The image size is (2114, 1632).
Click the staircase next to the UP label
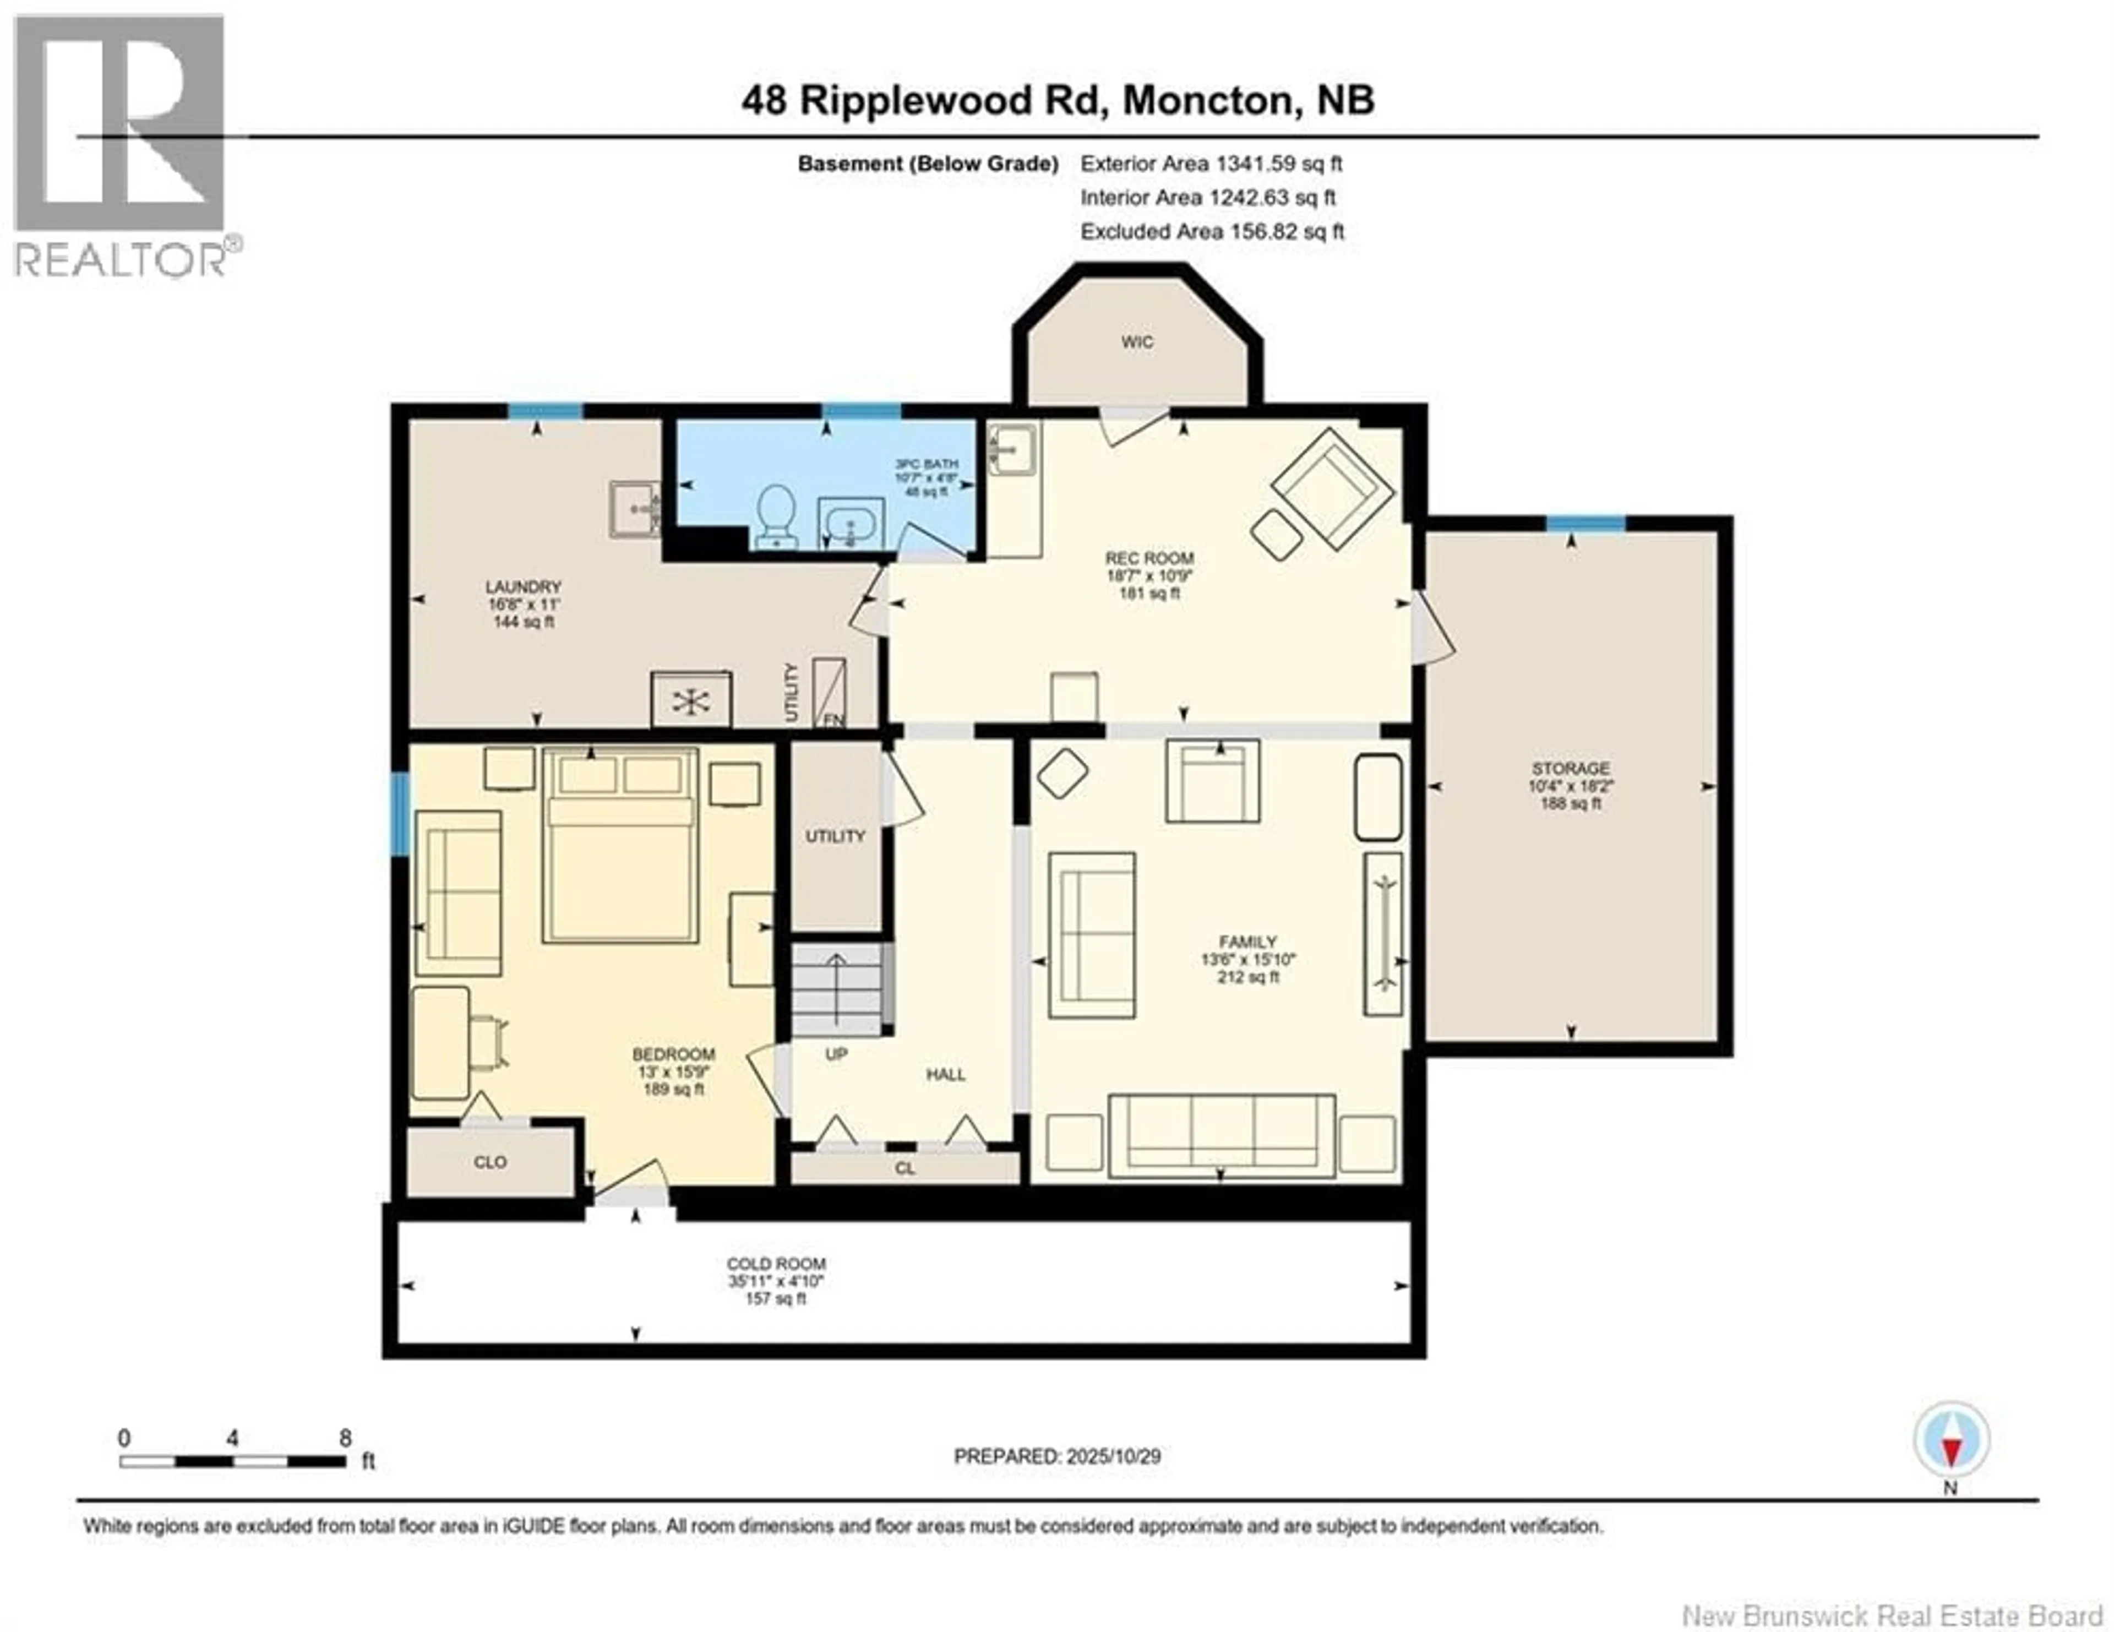coord(837,989)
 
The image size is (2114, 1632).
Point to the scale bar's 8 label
coord(346,1438)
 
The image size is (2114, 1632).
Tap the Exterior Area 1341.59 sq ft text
coord(1211,164)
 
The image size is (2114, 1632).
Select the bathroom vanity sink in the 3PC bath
coord(851,525)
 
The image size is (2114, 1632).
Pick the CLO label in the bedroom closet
coord(490,1162)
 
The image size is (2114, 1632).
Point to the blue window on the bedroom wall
coord(399,813)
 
